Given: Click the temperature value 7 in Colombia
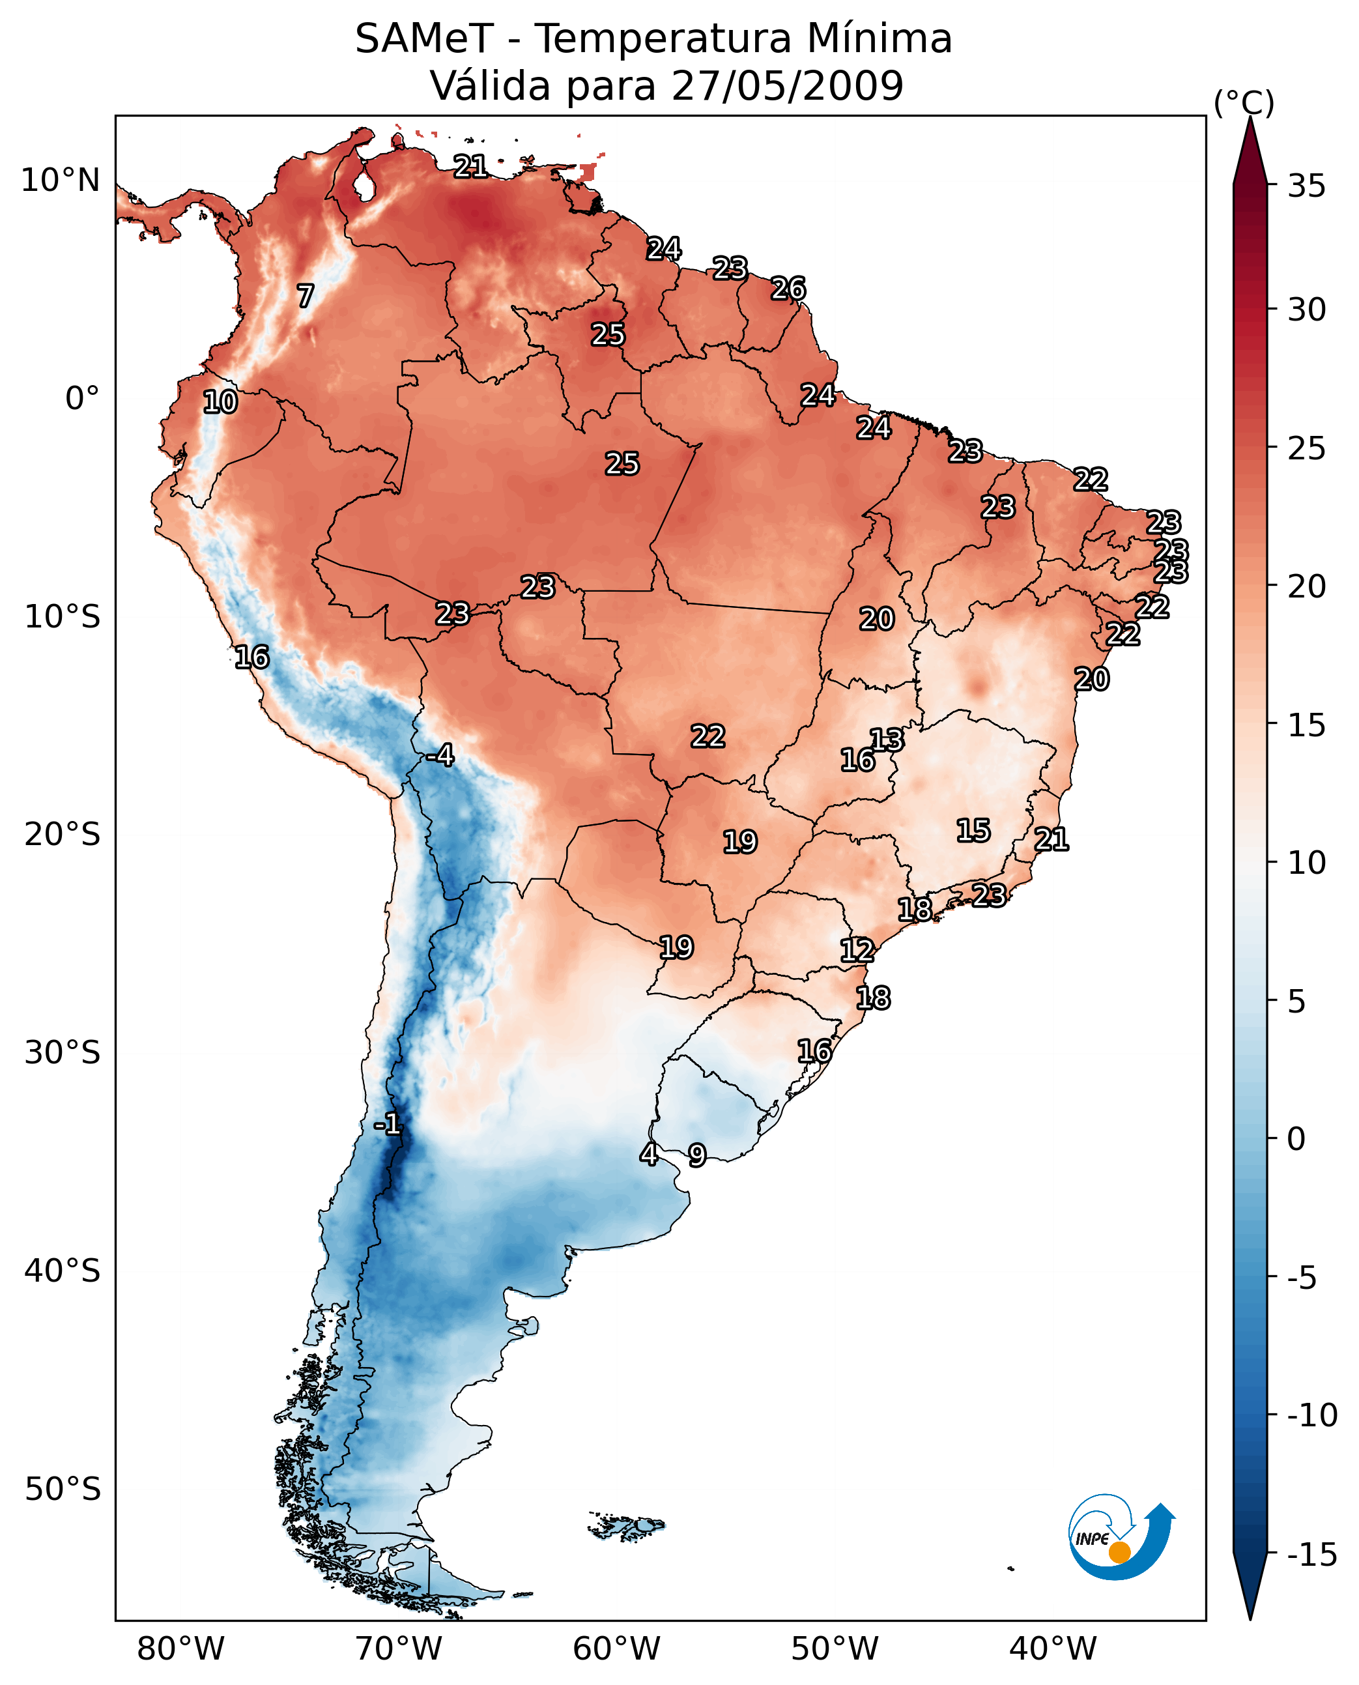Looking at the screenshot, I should [x=306, y=296].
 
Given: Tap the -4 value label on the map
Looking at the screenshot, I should [x=441, y=756].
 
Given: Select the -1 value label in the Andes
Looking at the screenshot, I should [x=388, y=1125].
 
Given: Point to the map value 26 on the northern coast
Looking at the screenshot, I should [x=788, y=289].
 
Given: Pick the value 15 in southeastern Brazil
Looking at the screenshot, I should [x=973, y=830].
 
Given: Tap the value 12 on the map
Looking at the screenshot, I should [x=857, y=951].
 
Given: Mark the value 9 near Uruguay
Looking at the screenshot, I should [x=696, y=1155].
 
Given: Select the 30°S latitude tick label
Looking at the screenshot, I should [x=63, y=1052].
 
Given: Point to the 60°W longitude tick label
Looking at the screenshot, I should [x=616, y=1649].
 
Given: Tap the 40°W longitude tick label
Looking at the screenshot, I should [x=1052, y=1649].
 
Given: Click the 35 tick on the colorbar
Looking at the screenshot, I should [x=1306, y=186].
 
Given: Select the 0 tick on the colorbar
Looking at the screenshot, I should [x=1296, y=1138].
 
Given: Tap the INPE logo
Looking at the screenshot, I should [x=1121, y=1537].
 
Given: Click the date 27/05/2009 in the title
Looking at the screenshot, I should [x=787, y=85].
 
